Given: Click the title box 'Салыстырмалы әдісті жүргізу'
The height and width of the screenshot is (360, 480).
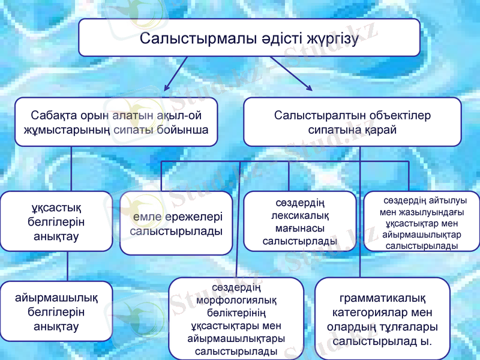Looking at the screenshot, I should [x=249, y=38].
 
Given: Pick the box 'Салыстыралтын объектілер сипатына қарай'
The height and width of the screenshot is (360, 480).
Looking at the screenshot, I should [x=352, y=122].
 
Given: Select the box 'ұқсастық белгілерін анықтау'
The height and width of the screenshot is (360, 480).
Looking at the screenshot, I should [x=56, y=221].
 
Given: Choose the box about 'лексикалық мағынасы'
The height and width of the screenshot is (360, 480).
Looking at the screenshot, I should [x=299, y=221].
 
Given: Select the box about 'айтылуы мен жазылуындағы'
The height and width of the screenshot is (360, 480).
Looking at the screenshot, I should [x=422, y=221].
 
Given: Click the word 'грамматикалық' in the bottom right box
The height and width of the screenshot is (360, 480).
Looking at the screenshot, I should [x=382, y=298].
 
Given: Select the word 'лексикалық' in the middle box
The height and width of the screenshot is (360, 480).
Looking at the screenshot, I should [x=299, y=215].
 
